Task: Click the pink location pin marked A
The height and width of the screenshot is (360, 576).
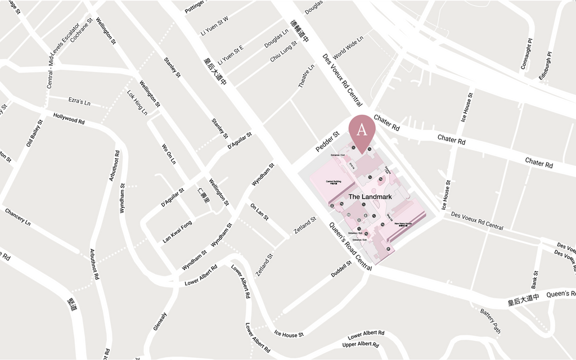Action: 362,129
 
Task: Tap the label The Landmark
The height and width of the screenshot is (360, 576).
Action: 370,197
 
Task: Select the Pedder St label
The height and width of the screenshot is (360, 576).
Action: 327,141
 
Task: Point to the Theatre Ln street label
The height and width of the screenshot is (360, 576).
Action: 307,76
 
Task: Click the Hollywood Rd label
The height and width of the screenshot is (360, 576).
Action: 69,119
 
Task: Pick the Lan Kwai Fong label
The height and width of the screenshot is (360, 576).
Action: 177,232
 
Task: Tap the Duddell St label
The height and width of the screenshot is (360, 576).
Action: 341,268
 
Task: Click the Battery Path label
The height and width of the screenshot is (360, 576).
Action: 490,321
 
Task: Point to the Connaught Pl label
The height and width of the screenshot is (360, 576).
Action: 526,54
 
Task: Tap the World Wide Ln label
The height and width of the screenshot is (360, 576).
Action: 348,48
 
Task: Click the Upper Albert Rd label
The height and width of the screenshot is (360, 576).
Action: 360,344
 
